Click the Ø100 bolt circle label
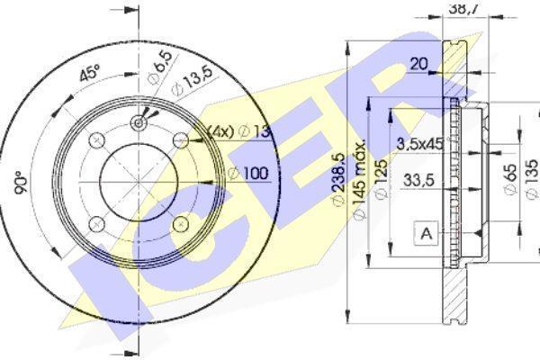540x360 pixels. pyautogui.click(x=248, y=173)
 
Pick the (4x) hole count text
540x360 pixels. pyautogui.click(x=221, y=131)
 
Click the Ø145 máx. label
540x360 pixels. pyautogui.click(x=359, y=179)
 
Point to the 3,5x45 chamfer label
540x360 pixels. pyautogui.click(x=420, y=143)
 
